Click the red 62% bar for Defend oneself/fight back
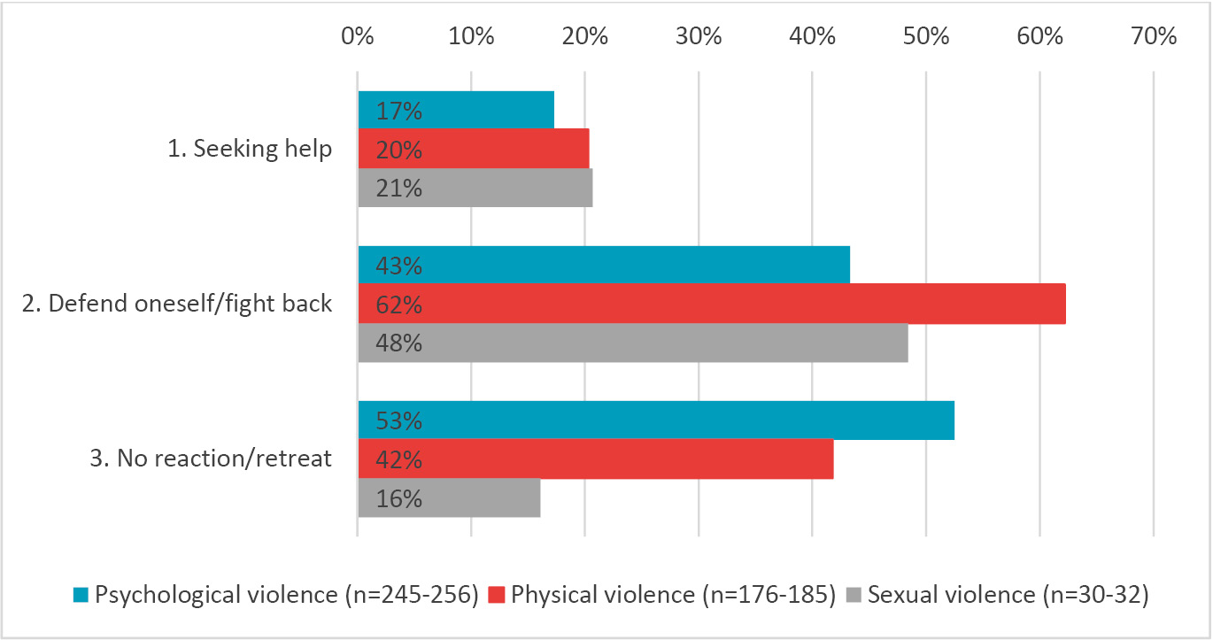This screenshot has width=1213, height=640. [711, 305]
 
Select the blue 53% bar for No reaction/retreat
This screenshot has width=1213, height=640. [655, 420]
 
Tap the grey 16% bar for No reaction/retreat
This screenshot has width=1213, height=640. [449, 498]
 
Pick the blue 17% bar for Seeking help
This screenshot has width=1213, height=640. [456, 111]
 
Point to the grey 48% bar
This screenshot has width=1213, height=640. [632, 343]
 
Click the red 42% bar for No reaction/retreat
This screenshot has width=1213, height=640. [595, 459]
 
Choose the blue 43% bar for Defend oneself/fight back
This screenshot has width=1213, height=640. [604, 266]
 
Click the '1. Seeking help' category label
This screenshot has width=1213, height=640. [250, 149]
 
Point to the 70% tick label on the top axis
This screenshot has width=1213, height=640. [1153, 37]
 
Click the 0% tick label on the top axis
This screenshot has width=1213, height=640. [358, 37]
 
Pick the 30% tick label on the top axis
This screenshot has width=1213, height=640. [699, 37]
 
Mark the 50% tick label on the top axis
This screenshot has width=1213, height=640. [925, 37]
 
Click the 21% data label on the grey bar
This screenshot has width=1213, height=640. [398, 188]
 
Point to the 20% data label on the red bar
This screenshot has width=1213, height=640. [398, 150]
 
